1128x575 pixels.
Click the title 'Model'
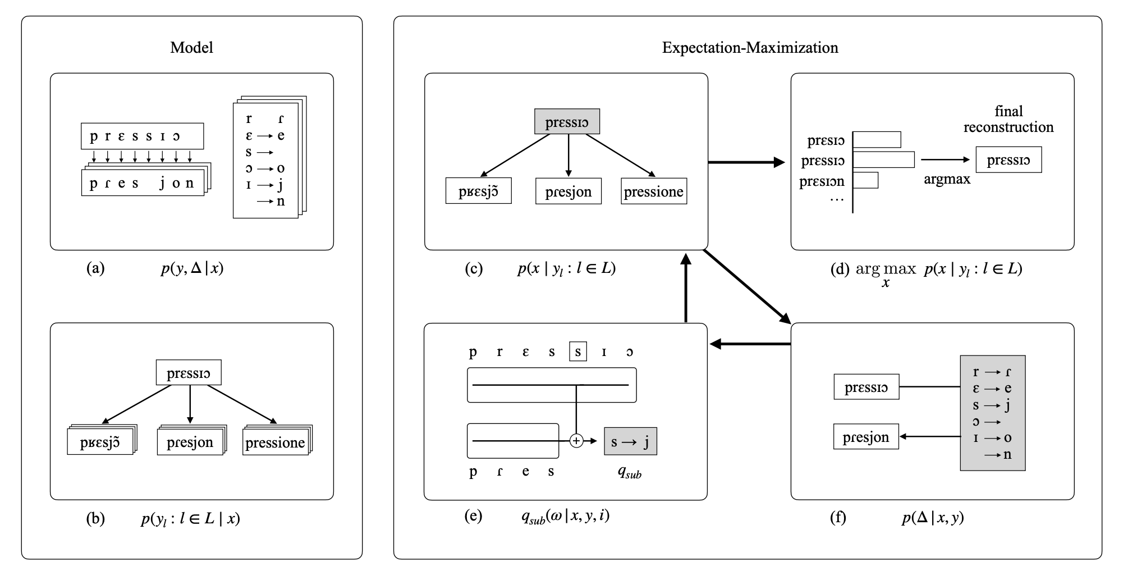point(191,47)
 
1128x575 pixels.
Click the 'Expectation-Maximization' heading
point(750,47)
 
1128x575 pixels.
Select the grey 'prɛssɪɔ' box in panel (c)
point(567,122)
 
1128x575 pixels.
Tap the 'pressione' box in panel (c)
point(654,191)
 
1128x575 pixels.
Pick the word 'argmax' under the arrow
point(947,180)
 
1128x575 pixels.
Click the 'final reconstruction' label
point(1008,119)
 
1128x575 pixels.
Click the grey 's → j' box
point(630,442)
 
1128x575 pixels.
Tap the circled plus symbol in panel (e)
point(576,441)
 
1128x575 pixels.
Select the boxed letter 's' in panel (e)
point(577,352)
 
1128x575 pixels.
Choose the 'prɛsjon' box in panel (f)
point(866,437)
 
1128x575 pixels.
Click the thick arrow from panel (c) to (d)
point(746,162)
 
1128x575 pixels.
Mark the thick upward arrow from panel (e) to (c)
point(685,286)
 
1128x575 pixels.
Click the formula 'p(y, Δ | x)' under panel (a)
point(192,268)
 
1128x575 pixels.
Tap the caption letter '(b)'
point(95,518)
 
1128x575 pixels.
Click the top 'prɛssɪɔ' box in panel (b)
point(189,373)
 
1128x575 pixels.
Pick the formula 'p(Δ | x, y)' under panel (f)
point(933,517)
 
